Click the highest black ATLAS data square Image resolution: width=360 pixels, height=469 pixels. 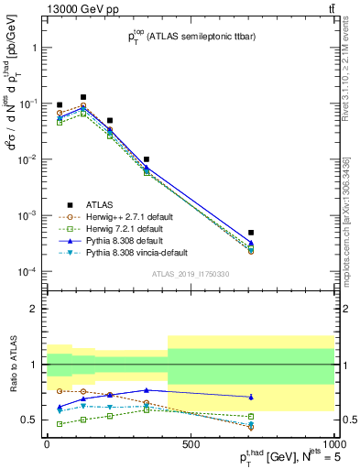click(x=83, y=97)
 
